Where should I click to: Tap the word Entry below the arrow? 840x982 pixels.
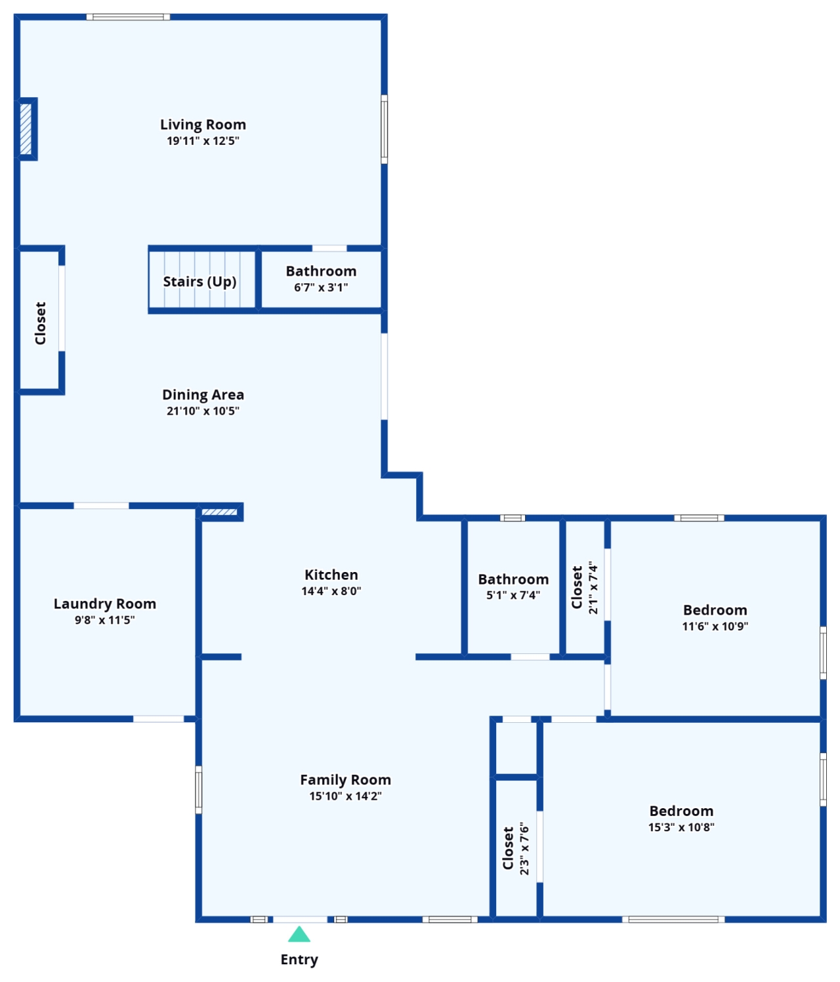coord(299,960)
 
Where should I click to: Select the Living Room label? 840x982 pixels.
coord(203,125)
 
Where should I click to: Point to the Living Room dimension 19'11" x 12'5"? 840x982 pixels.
coord(203,140)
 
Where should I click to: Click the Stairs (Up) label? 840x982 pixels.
coord(199,281)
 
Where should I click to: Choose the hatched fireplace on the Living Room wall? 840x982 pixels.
coord(26,129)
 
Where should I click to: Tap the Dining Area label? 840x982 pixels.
coord(203,394)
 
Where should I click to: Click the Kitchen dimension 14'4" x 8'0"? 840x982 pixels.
coord(331,591)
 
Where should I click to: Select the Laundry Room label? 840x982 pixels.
coord(104,604)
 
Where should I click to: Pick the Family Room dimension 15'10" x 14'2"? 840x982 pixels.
coord(346,796)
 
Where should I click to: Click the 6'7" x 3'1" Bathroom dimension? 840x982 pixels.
coord(321,287)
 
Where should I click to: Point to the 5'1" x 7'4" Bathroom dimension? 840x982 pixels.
coord(513,595)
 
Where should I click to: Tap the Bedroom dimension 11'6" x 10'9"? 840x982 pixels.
coord(715,626)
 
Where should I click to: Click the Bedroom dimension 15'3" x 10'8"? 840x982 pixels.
coord(681,827)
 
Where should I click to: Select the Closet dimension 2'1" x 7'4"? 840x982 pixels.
coord(593,587)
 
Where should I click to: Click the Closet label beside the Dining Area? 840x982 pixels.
coord(41,323)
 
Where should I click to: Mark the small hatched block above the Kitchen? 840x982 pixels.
coord(219,512)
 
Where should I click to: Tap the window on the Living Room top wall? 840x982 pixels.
coord(128,17)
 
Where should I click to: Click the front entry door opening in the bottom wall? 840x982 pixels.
coord(300,920)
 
